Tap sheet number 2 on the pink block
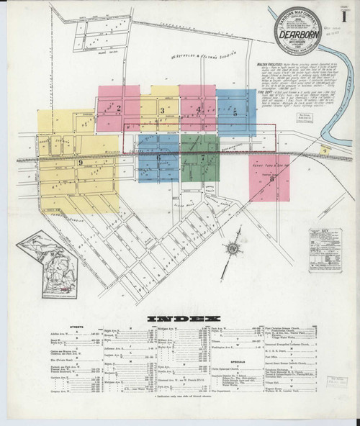(x=118, y=109)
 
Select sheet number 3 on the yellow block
(x=163, y=110)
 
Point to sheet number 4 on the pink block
(x=198, y=109)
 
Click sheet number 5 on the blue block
(x=235, y=112)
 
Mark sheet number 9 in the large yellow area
(x=79, y=163)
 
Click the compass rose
(x=232, y=250)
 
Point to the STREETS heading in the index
(x=84, y=327)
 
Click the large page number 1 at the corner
(x=343, y=14)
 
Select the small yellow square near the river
(x=325, y=150)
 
